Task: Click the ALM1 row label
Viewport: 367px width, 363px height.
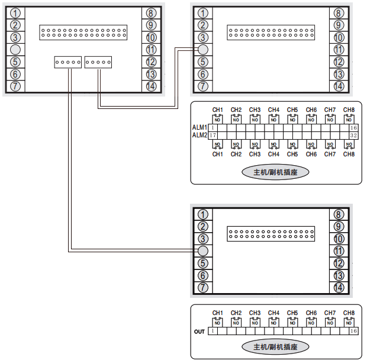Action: click(x=199, y=127)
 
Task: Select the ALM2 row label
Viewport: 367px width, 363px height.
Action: click(x=199, y=135)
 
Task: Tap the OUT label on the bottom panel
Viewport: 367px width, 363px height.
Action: click(x=199, y=332)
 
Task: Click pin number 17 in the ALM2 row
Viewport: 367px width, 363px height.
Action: click(x=213, y=135)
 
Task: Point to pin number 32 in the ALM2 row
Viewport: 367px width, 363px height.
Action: click(x=353, y=135)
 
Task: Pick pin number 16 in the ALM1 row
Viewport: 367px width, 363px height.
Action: click(x=353, y=127)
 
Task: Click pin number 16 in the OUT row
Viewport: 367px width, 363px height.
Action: click(x=353, y=332)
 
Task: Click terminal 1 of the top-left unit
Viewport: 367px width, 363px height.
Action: click(x=15, y=12)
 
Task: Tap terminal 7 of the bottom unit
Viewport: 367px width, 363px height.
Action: click(x=202, y=288)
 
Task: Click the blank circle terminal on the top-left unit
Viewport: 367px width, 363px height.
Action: click(x=15, y=49)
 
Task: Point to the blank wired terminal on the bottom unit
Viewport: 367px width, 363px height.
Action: click(x=202, y=251)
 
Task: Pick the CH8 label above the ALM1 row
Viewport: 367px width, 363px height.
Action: click(x=349, y=110)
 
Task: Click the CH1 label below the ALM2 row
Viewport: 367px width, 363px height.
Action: click(x=218, y=154)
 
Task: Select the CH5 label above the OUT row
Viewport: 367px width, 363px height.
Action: click(x=292, y=313)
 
